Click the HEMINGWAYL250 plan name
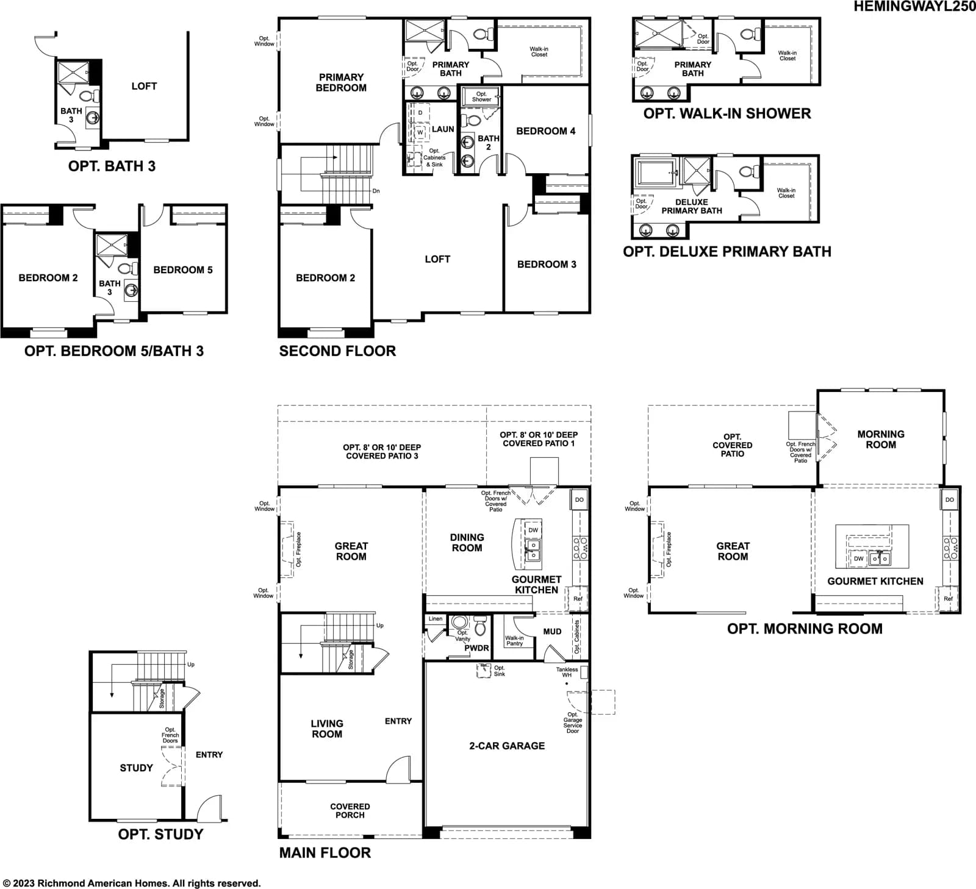point(914,7)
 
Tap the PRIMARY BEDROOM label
point(341,82)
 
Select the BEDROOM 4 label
point(546,131)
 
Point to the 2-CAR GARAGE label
point(507,746)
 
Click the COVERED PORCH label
point(350,810)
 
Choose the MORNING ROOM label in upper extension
point(881,439)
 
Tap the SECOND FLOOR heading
point(337,351)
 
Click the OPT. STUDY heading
point(160,834)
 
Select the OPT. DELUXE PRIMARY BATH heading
point(727,251)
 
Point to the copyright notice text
point(132,883)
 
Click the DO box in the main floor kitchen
point(579,500)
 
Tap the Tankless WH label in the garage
point(567,672)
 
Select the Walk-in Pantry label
point(514,641)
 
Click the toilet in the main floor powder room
point(480,626)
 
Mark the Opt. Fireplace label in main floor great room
point(299,549)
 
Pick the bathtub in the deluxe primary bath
point(656,173)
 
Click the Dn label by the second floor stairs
point(376,191)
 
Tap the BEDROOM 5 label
point(183,270)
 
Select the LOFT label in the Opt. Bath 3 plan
point(144,86)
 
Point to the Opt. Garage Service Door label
point(573,723)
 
